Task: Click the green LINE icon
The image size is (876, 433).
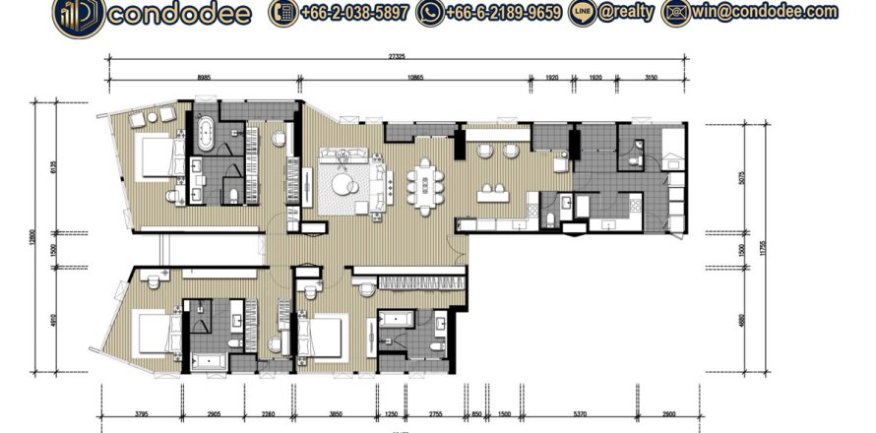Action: (582, 13)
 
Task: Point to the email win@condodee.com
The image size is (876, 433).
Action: (779, 13)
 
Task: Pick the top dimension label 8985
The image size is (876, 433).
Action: (204, 77)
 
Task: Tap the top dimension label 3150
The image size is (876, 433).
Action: (651, 77)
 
